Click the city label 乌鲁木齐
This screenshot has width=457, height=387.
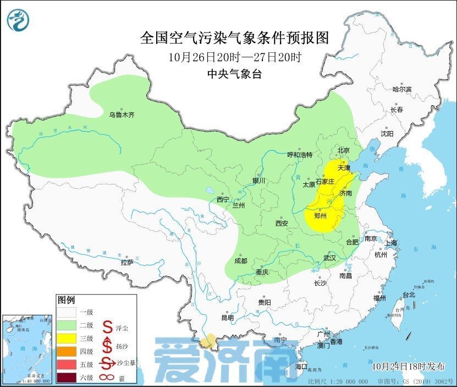[x=121, y=115]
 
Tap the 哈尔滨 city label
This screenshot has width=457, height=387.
[x=401, y=89]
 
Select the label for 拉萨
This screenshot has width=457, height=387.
[x=126, y=263]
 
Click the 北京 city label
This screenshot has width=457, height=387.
[x=343, y=150]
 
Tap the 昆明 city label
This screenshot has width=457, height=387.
[x=227, y=318]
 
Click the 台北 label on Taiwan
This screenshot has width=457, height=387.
[x=409, y=295]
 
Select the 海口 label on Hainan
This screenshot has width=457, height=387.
[x=301, y=366]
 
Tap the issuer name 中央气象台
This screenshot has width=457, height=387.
[x=234, y=75]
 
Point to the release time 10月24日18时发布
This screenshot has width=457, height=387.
[x=408, y=366]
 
